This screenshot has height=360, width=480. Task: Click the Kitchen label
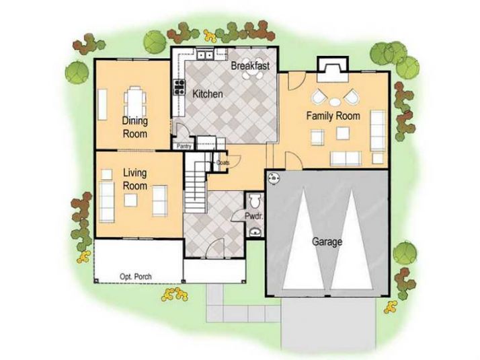(x=208, y=95)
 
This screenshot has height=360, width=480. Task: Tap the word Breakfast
(x=251, y=66)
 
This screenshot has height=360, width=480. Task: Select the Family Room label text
(x=333, y=116)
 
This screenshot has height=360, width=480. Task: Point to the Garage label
(x=327, y=241)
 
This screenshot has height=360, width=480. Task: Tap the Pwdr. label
(x=253, y=218)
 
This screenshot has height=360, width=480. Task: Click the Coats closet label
(x=223, y=162)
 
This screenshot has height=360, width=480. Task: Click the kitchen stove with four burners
(x=179, y=86)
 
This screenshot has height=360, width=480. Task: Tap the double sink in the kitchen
(x=204, y=55)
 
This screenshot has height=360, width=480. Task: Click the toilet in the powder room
(x=253, y=202)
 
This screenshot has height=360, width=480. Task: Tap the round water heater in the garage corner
(x=274, y=179)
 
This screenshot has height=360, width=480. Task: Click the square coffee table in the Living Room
(x=130, y=200)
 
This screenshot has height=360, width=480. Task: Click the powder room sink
(x=254, y=232)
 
